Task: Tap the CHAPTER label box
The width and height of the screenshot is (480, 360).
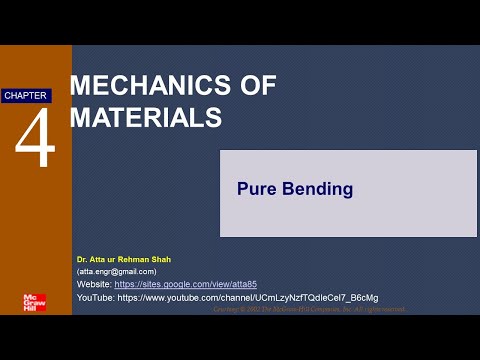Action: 26,95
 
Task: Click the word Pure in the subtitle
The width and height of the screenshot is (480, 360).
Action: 253,188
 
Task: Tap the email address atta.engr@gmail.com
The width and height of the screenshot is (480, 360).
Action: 116,271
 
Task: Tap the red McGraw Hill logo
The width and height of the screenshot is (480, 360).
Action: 35,302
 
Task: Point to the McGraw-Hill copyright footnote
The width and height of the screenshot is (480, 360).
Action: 310,309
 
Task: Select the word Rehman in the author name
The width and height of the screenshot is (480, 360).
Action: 137,259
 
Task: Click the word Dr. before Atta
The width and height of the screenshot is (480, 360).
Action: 81,259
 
